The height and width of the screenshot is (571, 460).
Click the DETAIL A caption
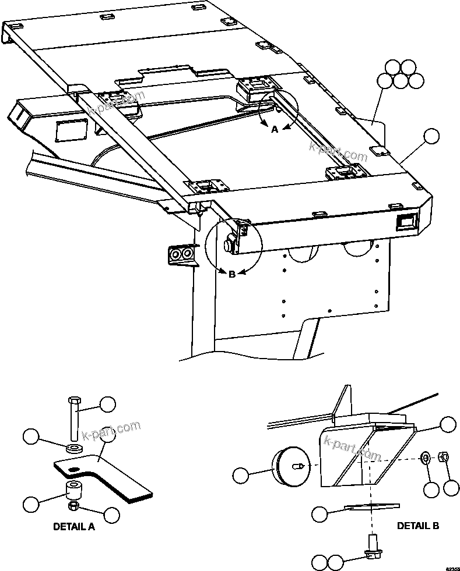tap(73, 527)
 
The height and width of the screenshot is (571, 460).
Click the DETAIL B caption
tap(417, 526)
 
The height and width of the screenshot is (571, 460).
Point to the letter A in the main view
tap(275, 130)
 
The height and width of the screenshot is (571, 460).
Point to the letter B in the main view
tap(231, 274)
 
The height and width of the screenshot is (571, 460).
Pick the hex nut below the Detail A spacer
tap(75, 508)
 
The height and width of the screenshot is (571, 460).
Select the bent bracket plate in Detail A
tap(105, 474)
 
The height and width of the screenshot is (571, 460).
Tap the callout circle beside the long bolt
tap(107, 405)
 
